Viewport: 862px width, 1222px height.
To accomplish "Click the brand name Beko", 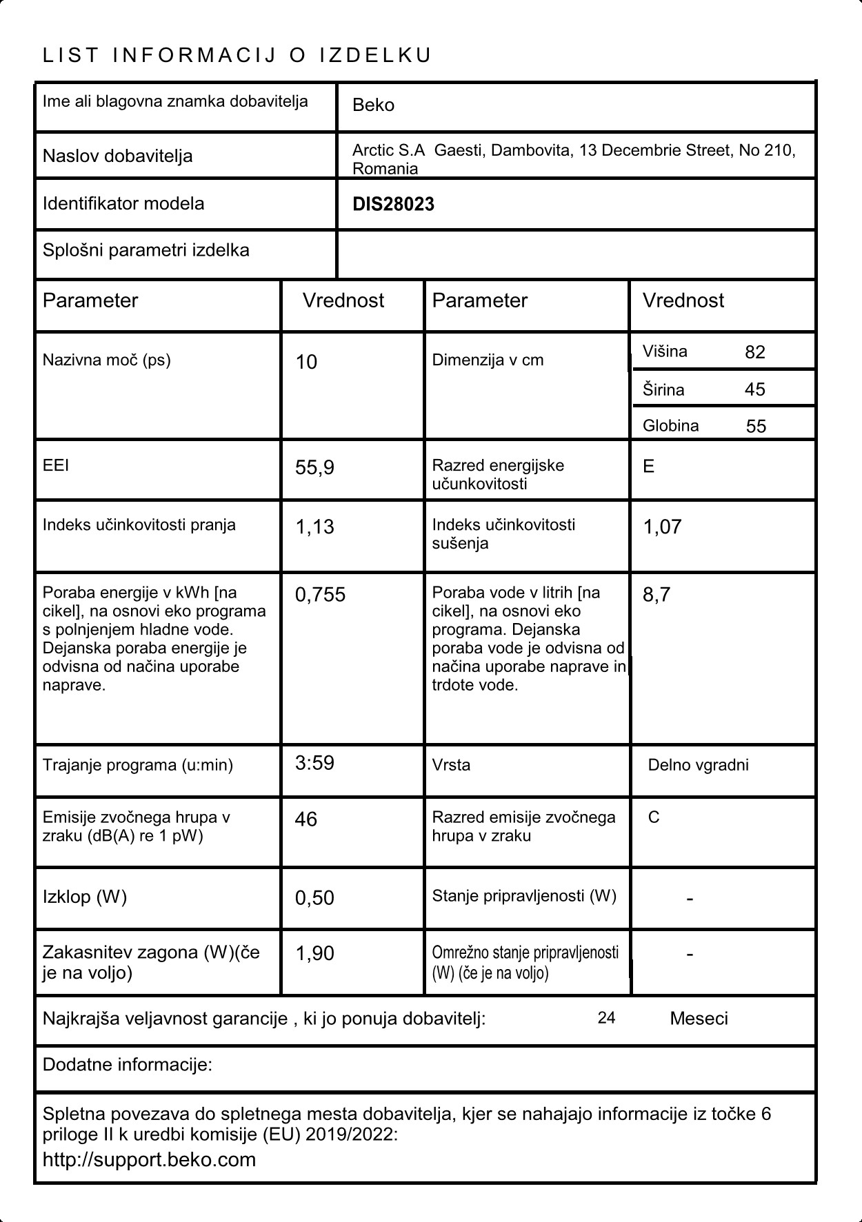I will click(x=373, y=105).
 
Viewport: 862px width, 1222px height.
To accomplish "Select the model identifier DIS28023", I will click(x=393, y=204).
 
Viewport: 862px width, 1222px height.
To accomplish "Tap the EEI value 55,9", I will click(x=314, y=468).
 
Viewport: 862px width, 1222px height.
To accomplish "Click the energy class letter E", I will click(x=648, y=467).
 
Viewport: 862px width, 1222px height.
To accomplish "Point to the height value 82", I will click(x=755, y=352).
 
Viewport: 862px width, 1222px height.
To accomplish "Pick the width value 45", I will click(x=755, y=389).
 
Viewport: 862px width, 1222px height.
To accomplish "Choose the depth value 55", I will click(x=756, y=426).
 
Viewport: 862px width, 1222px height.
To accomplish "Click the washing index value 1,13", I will click(x=314, y=527).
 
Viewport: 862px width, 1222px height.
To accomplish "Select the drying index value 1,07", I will click(x=662, y=527).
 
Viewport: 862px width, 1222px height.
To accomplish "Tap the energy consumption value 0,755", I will click(x=320, y=595).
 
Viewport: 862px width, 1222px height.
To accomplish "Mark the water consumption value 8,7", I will click(x=656, y=595).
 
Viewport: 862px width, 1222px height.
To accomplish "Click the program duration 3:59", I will click(x=314, y=763).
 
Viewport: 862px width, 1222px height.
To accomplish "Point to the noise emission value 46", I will click(x=306, y=819).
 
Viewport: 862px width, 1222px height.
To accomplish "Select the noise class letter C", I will click(x=654, y=817).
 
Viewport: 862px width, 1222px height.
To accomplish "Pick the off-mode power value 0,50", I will click(x=314, y=897).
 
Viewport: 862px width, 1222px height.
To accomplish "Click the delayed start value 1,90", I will click(x=314, y=953).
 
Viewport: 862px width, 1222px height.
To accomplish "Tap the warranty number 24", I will click(x=606, y=1018).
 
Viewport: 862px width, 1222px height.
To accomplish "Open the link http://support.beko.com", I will click(x=149, y=1159).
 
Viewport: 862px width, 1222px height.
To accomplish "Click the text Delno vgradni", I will click(x=698, y=765).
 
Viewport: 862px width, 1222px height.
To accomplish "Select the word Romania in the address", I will click(x=385, y=169).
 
